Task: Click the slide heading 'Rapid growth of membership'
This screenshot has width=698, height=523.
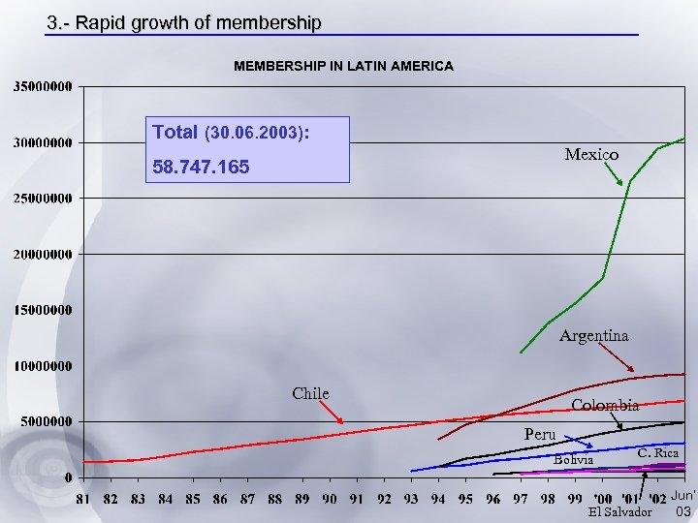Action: [184, 22]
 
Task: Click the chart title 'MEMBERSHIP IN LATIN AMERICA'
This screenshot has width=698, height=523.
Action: [343, 66]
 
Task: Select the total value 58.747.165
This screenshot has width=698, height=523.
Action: [202, 168]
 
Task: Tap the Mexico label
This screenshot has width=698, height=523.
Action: [591, 155]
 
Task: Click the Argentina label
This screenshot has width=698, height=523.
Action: [593, 336]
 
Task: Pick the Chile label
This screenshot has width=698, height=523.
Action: [310, 393]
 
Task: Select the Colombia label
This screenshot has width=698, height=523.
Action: [605, 405]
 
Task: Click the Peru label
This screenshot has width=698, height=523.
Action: [540, 434]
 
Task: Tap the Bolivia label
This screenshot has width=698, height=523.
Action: [573, 459]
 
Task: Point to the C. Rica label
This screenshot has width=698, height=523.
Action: [657, 453]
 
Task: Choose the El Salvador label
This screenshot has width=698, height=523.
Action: [627, 511]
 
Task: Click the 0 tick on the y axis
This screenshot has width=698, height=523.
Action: [68, 477]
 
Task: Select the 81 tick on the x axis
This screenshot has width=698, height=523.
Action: [85, 499]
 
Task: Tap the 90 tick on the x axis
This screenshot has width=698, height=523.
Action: [331, 499]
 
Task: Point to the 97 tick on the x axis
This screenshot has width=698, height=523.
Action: [522, 499]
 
